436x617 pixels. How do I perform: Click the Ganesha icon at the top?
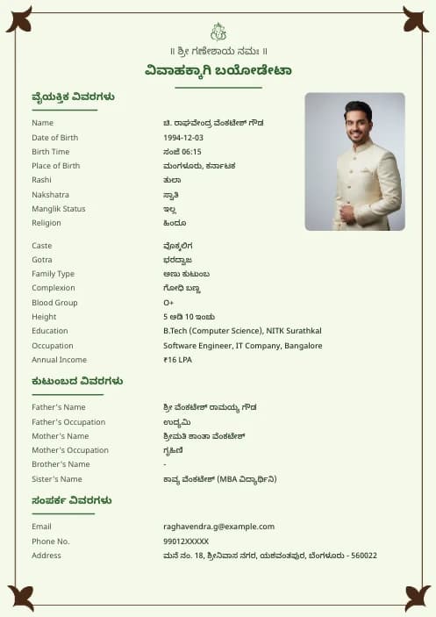218,32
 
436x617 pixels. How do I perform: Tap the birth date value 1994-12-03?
183,138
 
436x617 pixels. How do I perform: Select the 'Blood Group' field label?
54,303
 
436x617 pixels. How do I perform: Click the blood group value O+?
168,303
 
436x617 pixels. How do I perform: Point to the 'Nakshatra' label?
50,195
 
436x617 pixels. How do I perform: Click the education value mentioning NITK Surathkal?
242,331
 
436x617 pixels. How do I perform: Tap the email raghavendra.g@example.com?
218,527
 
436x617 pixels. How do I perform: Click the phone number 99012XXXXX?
186,542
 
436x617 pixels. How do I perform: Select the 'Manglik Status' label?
59,209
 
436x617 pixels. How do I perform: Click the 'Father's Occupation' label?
68,422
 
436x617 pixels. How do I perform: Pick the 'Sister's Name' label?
57,479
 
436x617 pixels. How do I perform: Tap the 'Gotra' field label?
42,260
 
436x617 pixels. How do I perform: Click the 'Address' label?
46,556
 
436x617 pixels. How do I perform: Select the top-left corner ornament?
18,19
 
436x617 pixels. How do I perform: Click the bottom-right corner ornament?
417,598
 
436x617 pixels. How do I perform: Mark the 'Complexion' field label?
54,288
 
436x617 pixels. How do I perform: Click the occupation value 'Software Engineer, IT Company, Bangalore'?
242,346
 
